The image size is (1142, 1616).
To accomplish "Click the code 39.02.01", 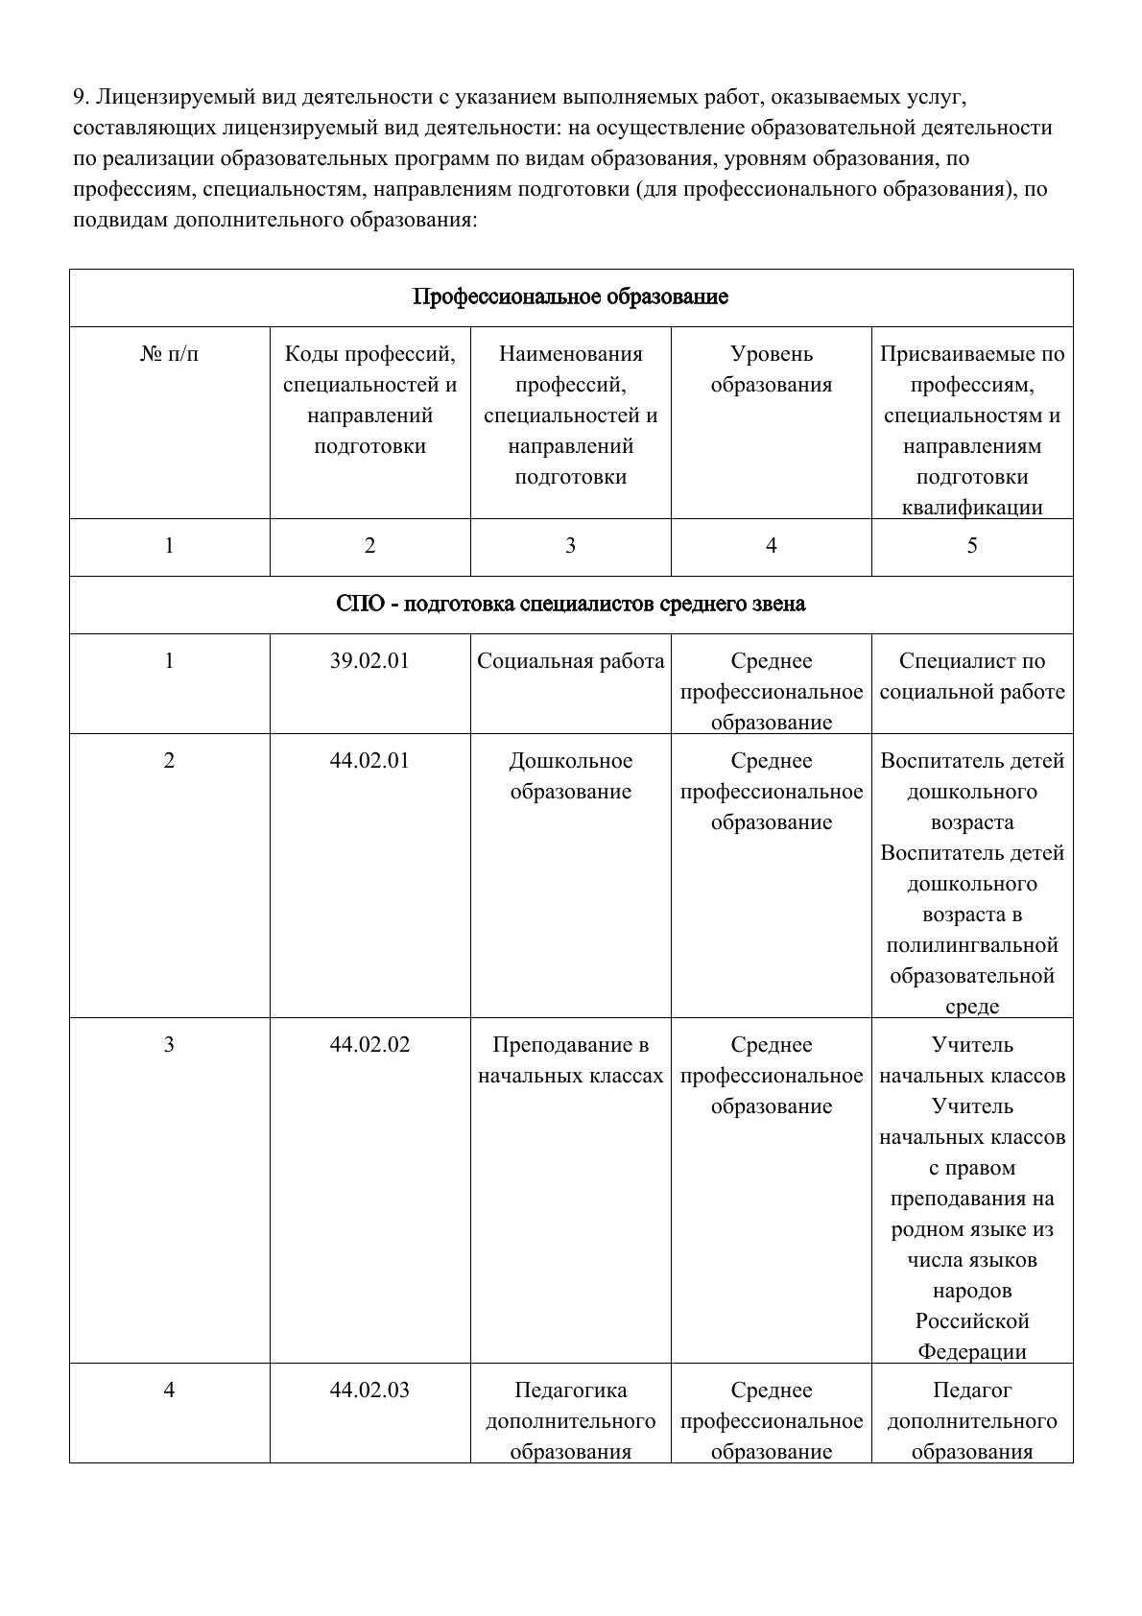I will (x=369, y=661).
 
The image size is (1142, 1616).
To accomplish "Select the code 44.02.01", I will (x=369, y=761).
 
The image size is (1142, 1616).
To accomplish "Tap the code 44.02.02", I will (x=369, y=1045).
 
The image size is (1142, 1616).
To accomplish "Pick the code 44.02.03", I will (x=369, y=1390).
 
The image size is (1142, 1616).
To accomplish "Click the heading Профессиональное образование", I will (x=570, y=297).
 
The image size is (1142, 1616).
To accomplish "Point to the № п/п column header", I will (x=170, y=354).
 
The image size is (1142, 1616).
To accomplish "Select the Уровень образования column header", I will (x=771, y=369).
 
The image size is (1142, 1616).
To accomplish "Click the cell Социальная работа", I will (x=570, y=661).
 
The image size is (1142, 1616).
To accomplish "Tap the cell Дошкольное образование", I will (x=570, y=776).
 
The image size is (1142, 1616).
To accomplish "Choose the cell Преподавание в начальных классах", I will (x=570, y=1060).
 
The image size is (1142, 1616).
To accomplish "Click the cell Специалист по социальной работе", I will (x=971, y=677).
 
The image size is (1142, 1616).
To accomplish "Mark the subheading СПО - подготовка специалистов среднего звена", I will (x=570, y=604).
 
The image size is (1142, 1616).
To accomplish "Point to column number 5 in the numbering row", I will (x=971, y=546).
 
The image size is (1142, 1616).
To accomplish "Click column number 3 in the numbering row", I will (x=570, y=546).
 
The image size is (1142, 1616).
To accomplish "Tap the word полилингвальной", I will (x=971, y=945).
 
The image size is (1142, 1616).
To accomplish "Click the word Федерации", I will (x=971, y=1352).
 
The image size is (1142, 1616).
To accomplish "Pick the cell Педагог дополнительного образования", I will (x=971, y=1421).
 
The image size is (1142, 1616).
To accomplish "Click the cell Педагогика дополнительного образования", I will (x=570, y=1421).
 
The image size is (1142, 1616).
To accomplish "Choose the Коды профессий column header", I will (x=369, y=400).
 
